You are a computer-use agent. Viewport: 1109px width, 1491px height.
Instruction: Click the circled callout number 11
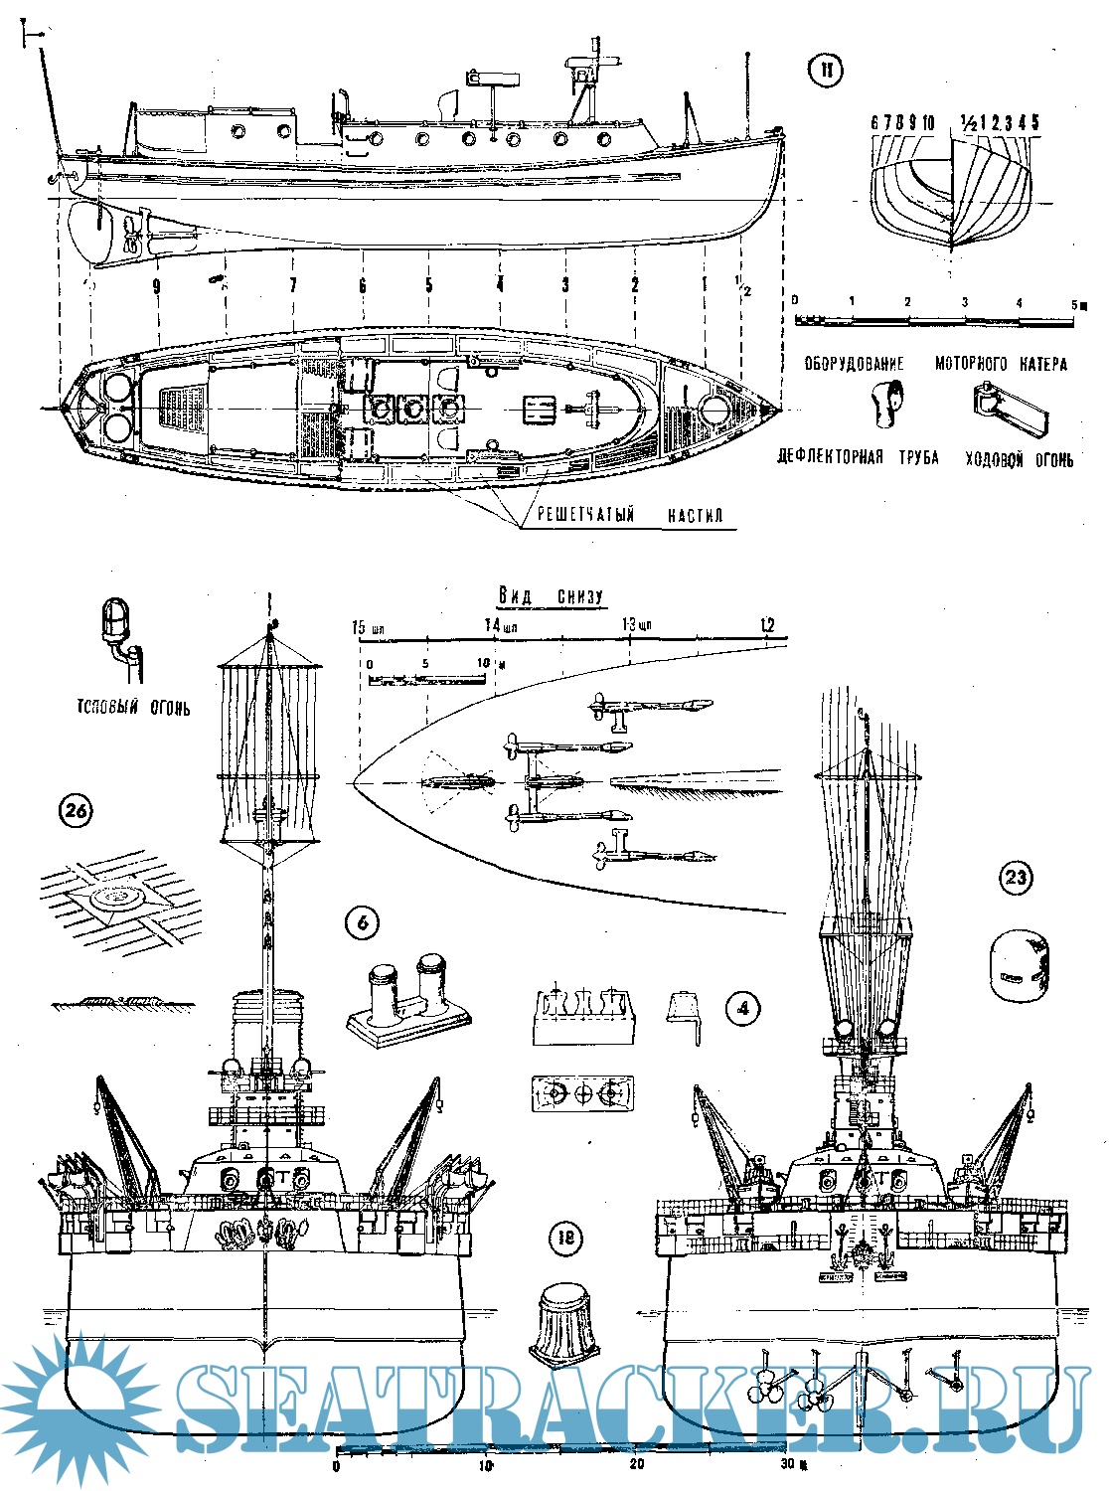[x=825, y=72]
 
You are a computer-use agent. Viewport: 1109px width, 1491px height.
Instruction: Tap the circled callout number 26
[x=76, y=811]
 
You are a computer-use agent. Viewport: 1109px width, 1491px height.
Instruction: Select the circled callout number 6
[x=362, y=923]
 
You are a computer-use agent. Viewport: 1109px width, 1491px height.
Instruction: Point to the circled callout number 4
[x=743, y=1009]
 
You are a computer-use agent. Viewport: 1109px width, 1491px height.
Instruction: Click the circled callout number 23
[x=1016, y=878]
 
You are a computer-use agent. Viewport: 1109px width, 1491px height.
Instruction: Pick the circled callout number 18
[x=565, y=1238]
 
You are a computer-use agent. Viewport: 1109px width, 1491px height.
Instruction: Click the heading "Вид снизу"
[x=550, y=595]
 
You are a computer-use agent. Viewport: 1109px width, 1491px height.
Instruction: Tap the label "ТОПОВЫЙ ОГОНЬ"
[x=132, y=709]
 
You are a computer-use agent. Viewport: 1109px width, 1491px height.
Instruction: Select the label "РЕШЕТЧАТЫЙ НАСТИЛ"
[x=629, y=515]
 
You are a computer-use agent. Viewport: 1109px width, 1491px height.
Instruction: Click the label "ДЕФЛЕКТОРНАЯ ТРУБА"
[x=858, y=458]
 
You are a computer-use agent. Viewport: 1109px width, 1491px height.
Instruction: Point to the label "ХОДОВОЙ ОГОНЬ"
[x=1019, y=459]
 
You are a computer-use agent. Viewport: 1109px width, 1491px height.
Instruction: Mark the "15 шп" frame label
[x=369, y=628]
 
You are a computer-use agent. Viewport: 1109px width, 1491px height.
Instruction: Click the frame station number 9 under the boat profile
[x=157, y=286]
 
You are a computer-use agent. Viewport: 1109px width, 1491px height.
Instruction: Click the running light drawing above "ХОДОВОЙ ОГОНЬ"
[x=1009, y=410]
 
